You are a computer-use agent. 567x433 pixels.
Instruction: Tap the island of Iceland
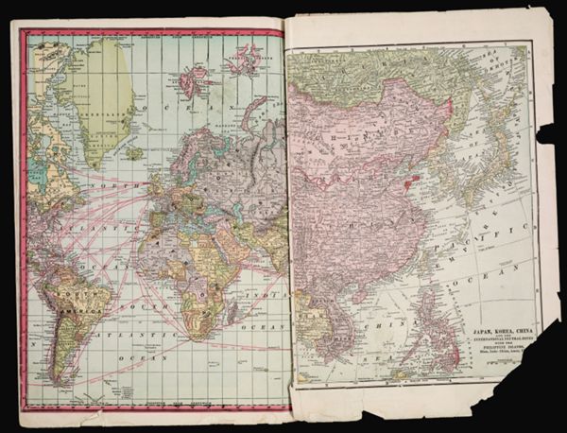coord(134,151)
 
